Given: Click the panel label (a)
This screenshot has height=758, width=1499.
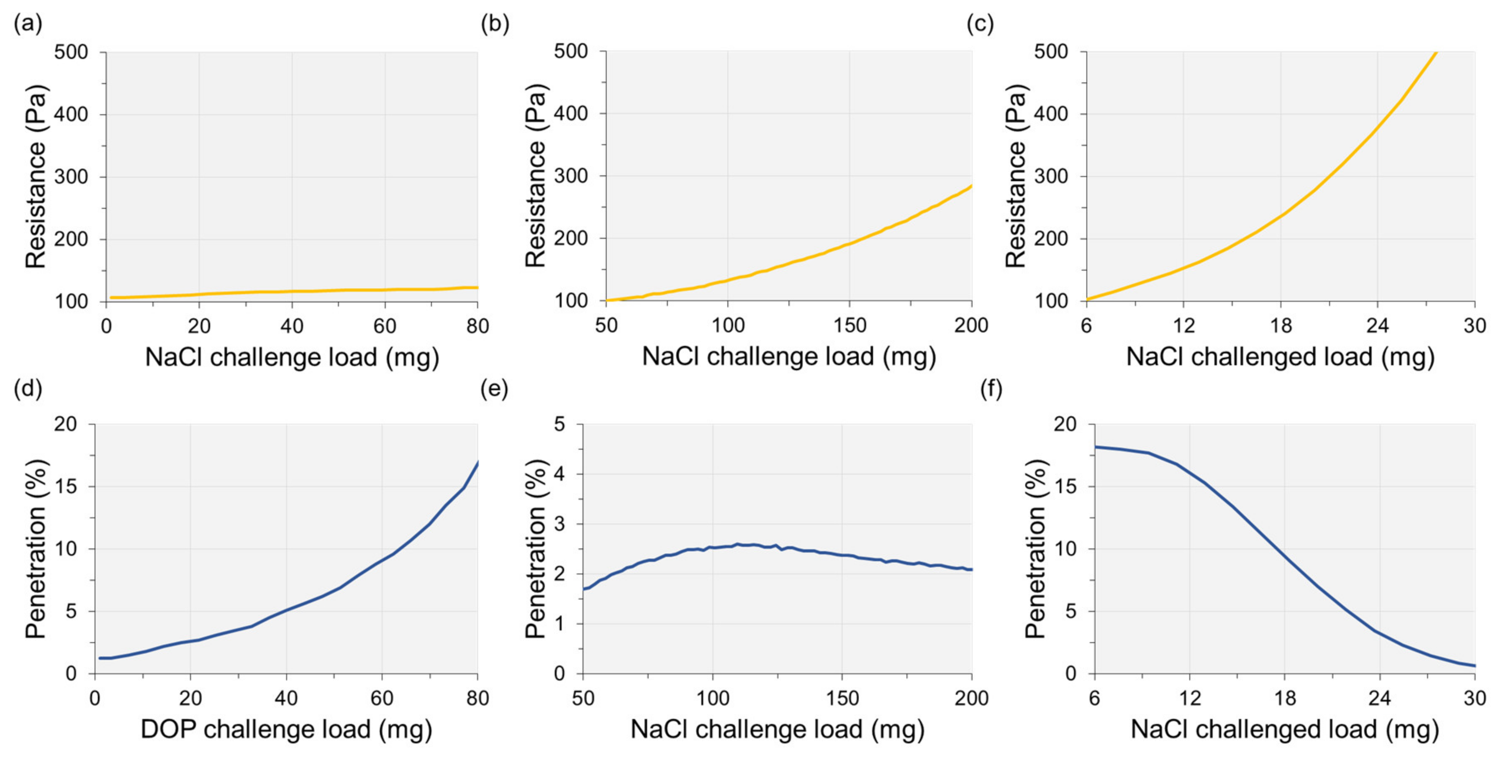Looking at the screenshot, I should tap(28, 24).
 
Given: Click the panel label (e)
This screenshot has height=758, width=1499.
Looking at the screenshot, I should tap(495, 389).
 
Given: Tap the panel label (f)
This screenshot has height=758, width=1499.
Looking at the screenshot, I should tap(991, 389).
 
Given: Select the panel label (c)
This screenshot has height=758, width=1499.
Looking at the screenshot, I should tap(981, 24).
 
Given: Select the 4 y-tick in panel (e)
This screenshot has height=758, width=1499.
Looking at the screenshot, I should tap(559, 474).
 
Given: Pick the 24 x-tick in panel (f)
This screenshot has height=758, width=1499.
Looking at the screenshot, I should tap(1379, 697).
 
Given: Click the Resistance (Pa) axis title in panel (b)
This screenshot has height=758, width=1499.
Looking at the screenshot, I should tap(535, 176).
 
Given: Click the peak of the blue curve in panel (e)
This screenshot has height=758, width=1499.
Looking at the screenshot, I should tap(737, 545).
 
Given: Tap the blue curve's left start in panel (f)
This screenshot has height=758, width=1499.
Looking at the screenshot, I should tap(1095, 447).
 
